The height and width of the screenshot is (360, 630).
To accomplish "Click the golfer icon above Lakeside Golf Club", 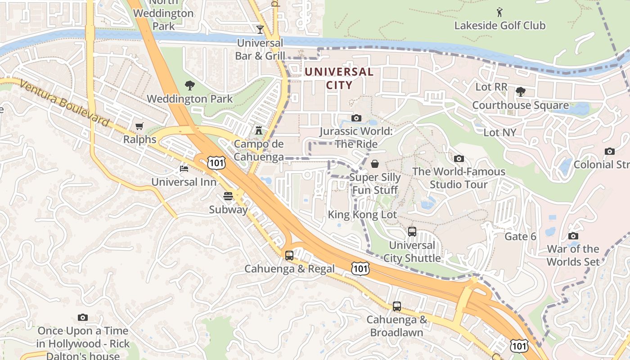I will (499, 12).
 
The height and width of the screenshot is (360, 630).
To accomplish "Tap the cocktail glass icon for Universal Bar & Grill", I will (260, 30).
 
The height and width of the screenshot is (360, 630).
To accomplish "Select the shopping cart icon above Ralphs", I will (139, 126).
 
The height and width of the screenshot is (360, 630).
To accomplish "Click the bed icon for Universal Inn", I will (184, 169).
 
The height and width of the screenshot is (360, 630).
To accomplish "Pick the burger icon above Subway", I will (228, 196).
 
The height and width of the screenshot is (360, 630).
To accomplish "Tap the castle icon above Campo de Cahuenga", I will (259, 130).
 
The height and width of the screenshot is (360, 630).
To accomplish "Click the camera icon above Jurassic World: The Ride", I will (356, 118).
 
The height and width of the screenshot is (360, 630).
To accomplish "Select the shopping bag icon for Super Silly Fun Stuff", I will (374, 164).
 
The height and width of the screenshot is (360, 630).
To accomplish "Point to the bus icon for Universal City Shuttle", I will (412, 232).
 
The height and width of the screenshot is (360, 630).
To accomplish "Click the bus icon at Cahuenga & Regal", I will (289, 255).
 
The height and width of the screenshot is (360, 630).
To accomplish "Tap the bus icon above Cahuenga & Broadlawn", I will (397, 306).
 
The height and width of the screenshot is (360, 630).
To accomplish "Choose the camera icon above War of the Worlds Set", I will (573, 236).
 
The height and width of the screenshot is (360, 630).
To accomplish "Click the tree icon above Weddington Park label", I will (190, 85).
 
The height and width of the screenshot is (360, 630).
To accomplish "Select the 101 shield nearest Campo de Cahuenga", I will (216, 162).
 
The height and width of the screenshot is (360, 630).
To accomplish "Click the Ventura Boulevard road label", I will (64, 104).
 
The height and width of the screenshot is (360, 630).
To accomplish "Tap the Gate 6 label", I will (520, 237).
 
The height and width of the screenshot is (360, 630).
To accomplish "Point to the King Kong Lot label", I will (362, 215).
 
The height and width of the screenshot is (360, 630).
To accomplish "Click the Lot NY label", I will (499, 132).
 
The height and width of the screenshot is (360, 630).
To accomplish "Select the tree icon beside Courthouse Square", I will (521, 92).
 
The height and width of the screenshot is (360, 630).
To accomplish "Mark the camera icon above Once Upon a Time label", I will (83, 318).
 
